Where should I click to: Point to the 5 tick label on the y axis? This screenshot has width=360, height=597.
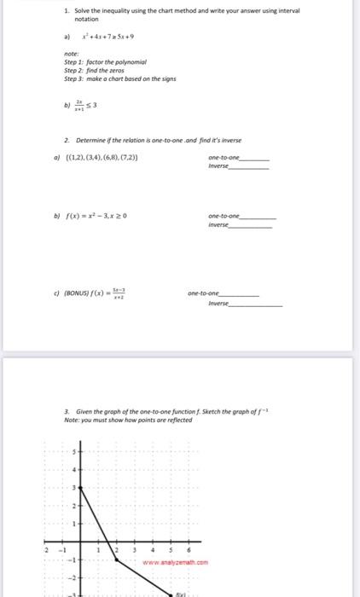click(74, 450)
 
